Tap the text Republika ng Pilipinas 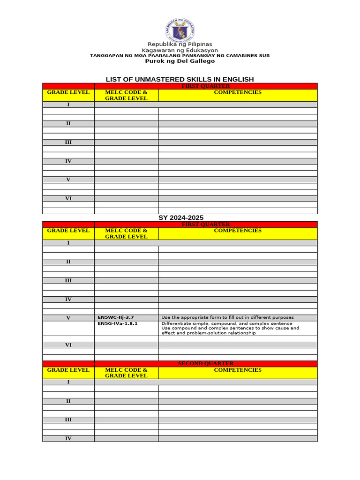(x=180, y=44)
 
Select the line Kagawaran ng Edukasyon (x=180, y=50)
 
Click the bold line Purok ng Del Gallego (x=180, y=61)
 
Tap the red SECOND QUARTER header (x=206, y=363)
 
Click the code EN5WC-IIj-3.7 (x=116, y=318)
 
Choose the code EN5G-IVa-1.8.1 (x=118, y=323)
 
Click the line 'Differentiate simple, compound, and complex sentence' (x=226, y=323)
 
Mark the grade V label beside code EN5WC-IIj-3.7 (x=68, y=318)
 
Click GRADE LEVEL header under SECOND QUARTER (x=68, y=370)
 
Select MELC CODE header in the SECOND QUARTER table (x=127, y=370)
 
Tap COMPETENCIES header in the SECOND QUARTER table (x=238, y=370)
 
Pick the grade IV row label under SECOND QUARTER (x=68, y=438)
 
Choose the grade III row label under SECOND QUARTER (x=68, y=420)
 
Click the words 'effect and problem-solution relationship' (x=209, y=333)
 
